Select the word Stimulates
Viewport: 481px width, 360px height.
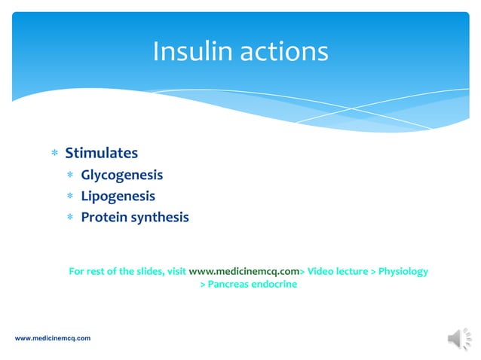(101, 154)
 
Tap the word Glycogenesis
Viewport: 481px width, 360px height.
(121, 175)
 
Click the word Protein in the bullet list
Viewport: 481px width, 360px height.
(105, 218)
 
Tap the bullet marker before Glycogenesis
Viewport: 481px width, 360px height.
(70, 176)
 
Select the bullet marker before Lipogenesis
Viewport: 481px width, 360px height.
(70, 197)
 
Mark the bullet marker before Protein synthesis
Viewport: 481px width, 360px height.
(70, 218)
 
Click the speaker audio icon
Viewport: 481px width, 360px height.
(458, 339)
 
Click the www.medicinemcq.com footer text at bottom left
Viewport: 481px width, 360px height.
(53, 339)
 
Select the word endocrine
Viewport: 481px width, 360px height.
(277, 285)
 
